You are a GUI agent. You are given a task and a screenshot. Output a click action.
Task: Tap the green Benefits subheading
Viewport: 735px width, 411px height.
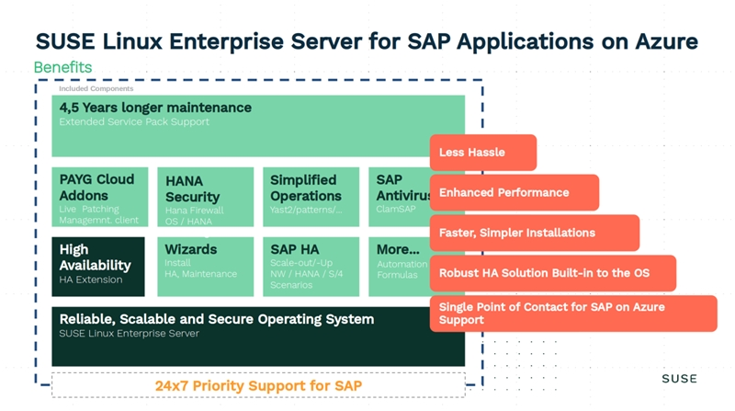click(62, 68)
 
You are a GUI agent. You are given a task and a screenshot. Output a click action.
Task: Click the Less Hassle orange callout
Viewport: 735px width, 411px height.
click(483, 153)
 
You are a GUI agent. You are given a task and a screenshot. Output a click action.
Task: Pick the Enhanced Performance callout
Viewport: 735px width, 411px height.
click(514, 193)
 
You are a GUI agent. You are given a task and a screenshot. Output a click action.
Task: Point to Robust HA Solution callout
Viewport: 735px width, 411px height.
click(552, 273)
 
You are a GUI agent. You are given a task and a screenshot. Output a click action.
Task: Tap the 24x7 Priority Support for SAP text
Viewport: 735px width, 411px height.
click(258, 385)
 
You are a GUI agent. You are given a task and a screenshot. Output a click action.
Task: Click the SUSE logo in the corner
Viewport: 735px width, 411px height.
click(679, 379)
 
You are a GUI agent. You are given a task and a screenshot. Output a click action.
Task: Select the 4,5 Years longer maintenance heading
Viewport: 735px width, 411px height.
click(155, 108)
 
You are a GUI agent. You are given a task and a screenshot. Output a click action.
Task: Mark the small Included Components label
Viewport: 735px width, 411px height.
click(96, 89)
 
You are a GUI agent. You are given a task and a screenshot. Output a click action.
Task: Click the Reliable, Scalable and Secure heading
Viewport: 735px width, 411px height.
click(217, 319)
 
